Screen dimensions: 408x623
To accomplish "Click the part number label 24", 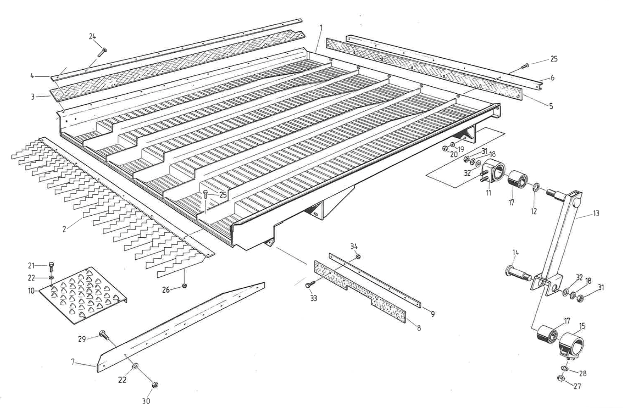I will coord(92,36).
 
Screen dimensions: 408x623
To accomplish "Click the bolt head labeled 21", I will coord(52,266).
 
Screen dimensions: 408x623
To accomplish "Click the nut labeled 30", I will coord(155,385).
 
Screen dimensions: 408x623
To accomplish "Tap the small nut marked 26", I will coord(184,286).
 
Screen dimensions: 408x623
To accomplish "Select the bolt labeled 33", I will coord(308,285).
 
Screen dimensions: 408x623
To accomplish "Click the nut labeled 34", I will coord(358,256).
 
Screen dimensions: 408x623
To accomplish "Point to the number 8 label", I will coord(419,328).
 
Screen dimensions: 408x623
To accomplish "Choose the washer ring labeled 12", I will coord(536,188).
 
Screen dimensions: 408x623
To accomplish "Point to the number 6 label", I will coord(553,78).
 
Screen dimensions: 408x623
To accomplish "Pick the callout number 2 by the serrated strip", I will coord(65,229).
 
